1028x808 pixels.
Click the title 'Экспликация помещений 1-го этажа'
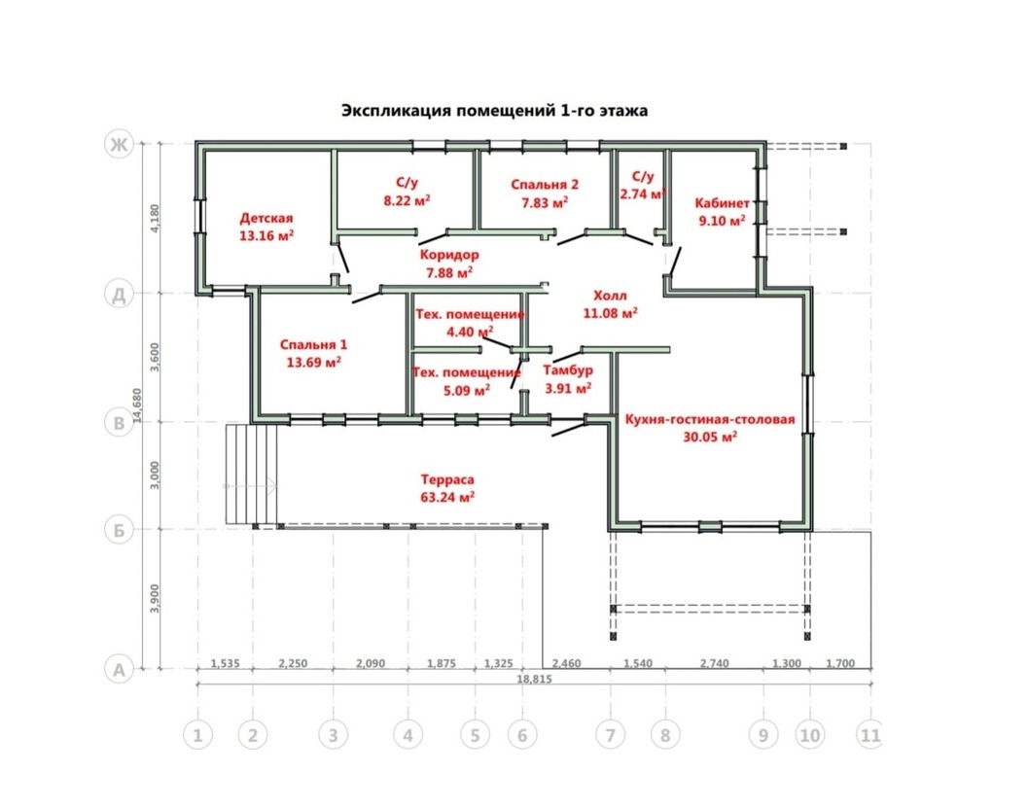click(x=494, y=110)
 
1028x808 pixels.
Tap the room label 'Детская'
click(x=266, y=218)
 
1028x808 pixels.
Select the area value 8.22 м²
click(x=408, y=200)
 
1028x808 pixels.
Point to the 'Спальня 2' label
click(x=545, y=185)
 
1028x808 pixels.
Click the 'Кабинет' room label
click(x=722, y=203)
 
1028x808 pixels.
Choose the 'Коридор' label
click(x=449, y=255)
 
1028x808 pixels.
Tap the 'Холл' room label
click(x=610, y=296)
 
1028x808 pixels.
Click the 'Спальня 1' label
click(x=313, y=345)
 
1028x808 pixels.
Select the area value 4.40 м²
click(x=470, y=332)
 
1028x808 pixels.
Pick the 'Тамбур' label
click(x=568, y=370)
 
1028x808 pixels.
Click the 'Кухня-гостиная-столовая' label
click(x=709, y=419)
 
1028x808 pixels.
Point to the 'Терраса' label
click(x=447, y=479)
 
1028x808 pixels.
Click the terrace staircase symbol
click(x=252, y=474)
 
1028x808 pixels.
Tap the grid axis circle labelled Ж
click(x=119, y=144)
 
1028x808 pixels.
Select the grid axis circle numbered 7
click(x=611, y=735)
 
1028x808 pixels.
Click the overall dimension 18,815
click(x=534, y=679)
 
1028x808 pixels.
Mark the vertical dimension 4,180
click(x=155, y=218)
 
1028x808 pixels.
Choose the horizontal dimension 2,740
click(x=714, y=663)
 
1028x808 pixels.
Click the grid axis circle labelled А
click(x=119, y=670)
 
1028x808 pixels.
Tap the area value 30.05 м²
click(x=710, y=437)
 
